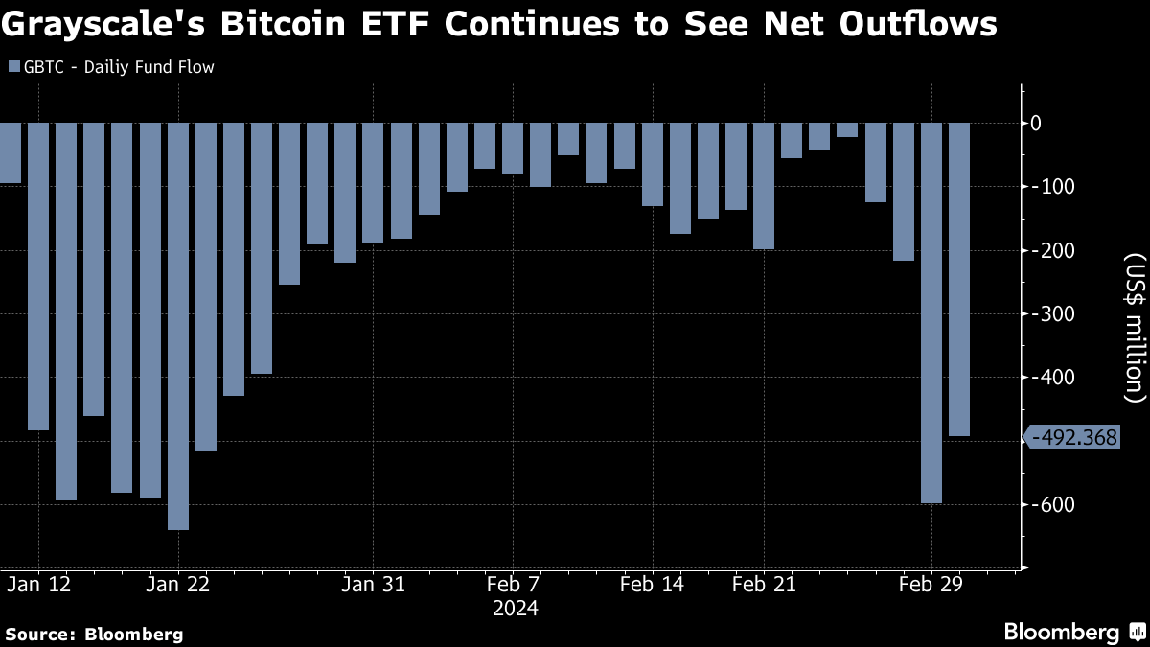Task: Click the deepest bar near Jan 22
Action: coord(177,326)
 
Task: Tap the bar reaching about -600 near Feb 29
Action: coord(931,312)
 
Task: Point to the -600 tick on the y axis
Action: coord(1047,505)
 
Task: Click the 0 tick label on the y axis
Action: coord(1036,123)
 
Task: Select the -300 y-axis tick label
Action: coord(1047,314)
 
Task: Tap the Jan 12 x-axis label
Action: coord(38,584)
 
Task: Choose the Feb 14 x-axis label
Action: coord(653,584)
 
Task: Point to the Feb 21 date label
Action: coord(764,584)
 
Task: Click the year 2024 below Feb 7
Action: coord(515,609)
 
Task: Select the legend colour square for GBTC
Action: coord(12,67)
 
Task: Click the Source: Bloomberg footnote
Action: coord(94,634)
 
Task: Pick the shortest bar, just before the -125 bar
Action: coord(847,130)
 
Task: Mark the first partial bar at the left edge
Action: coord(10,152)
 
